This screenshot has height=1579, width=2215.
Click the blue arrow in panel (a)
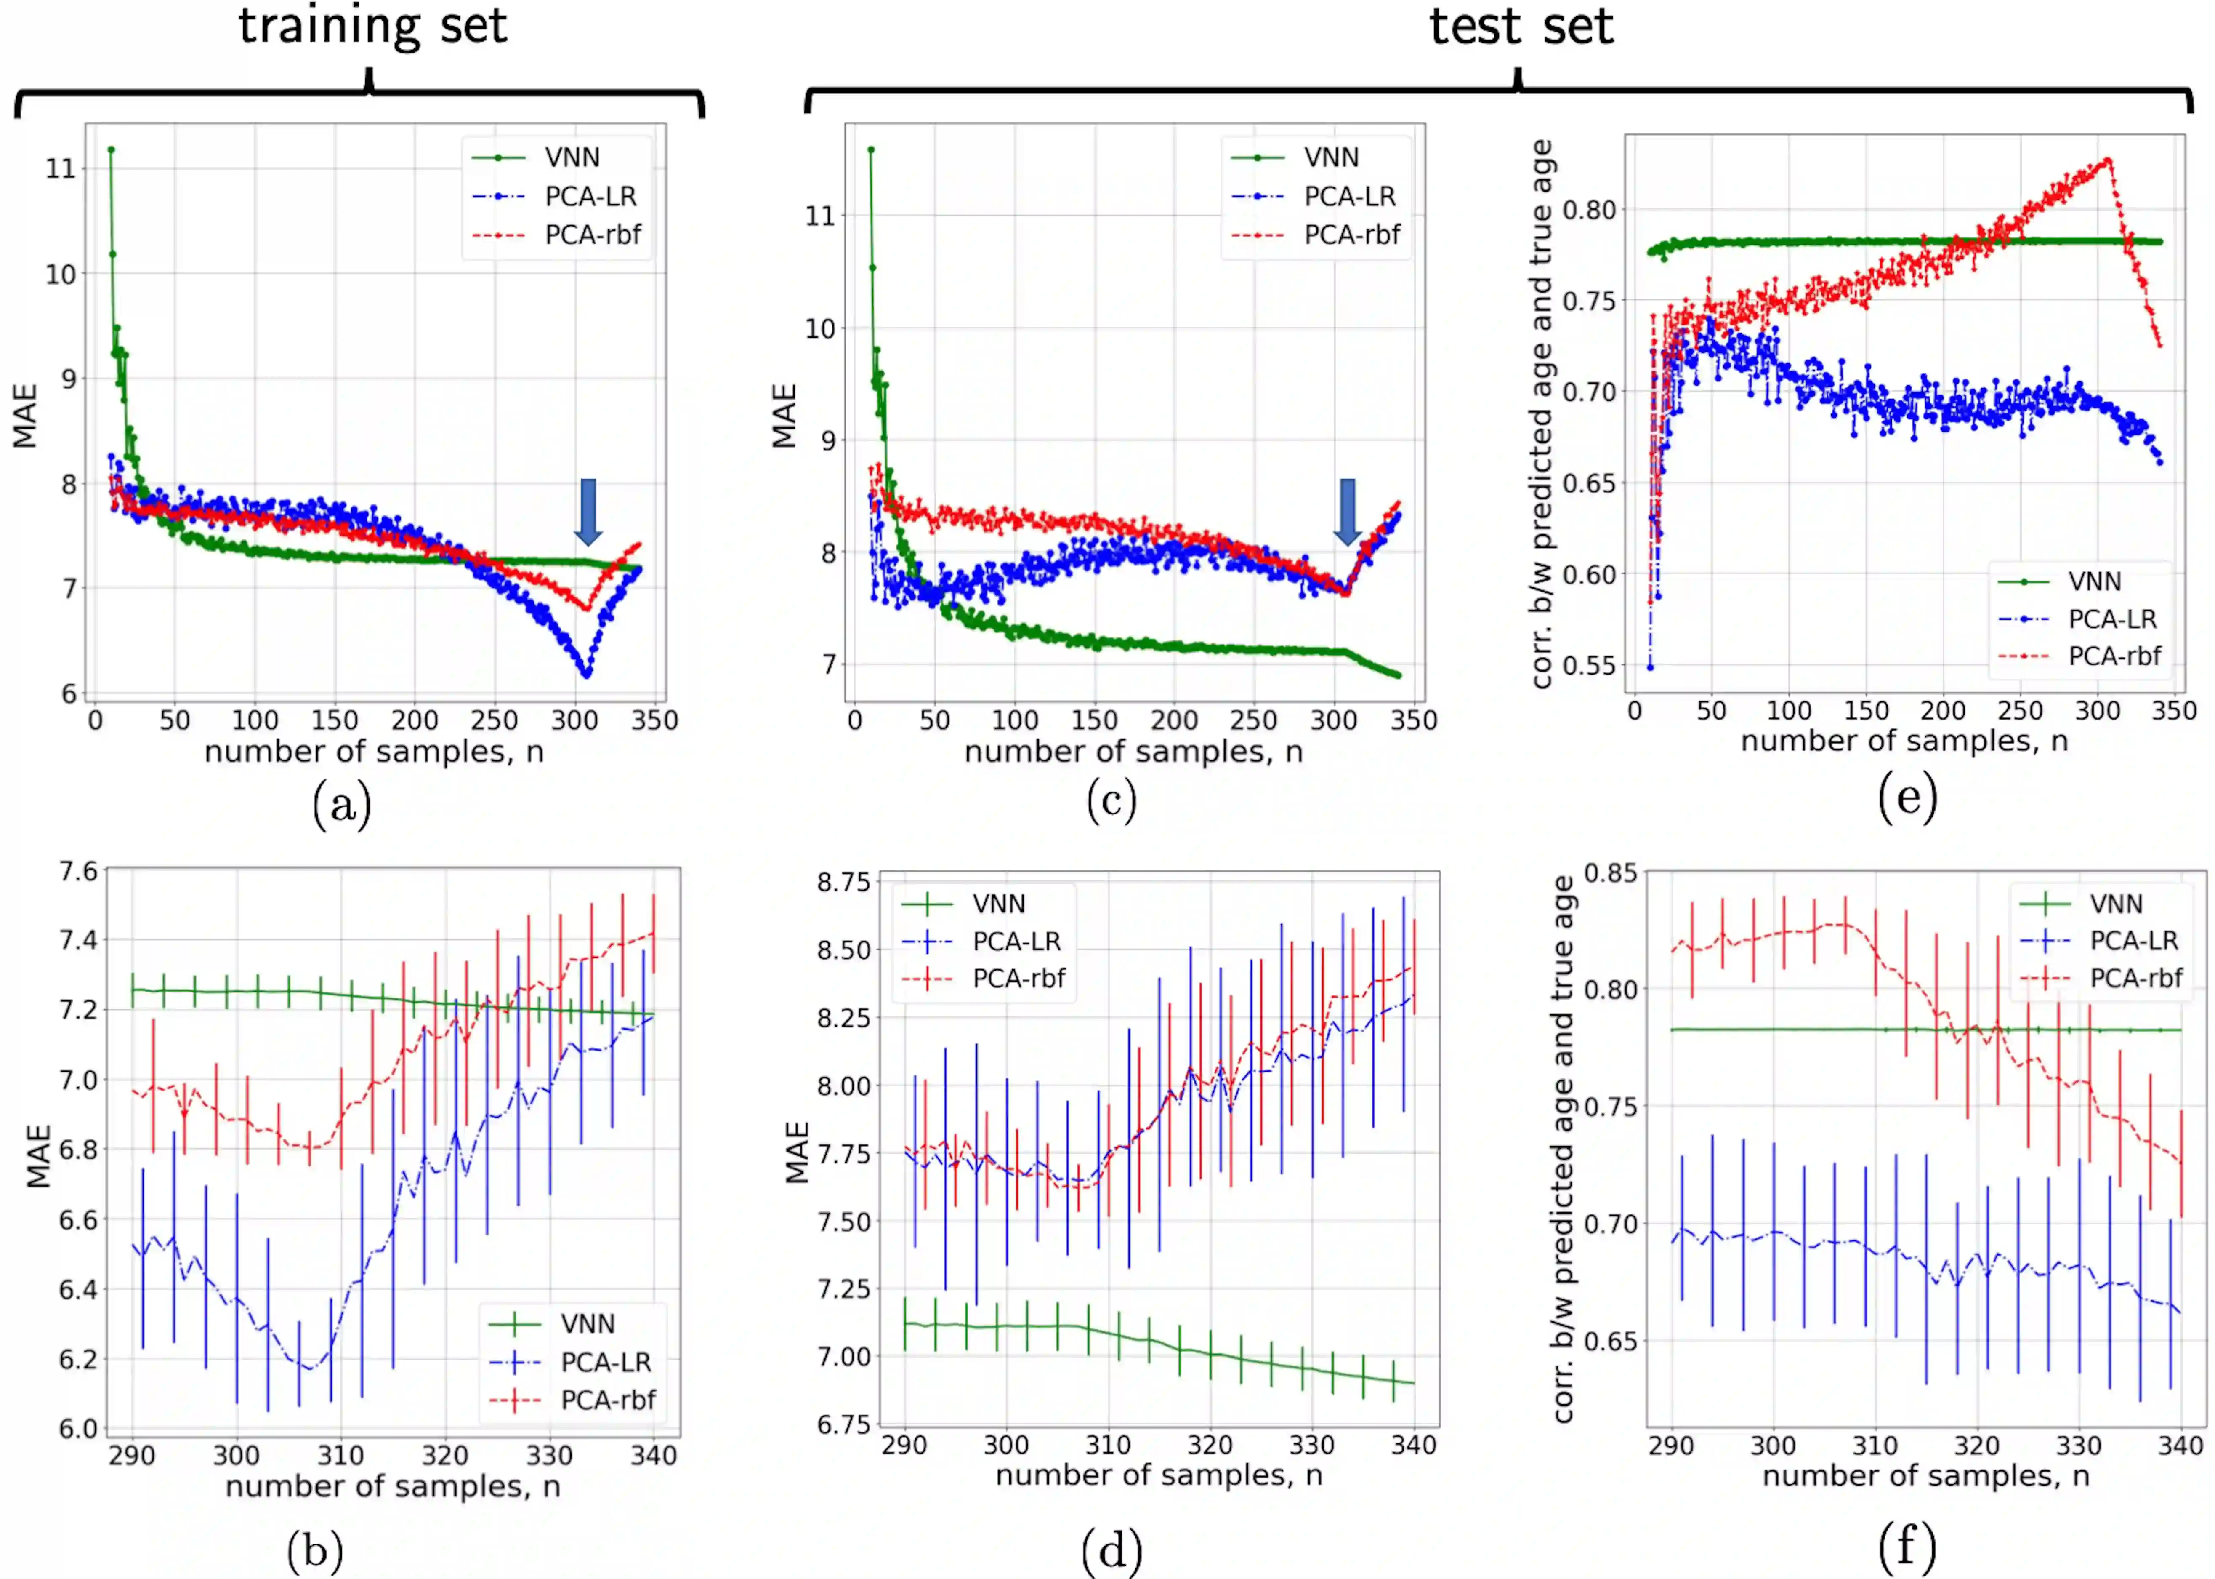[x=587, y=510]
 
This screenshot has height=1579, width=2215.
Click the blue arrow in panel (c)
[x=1346, y=510]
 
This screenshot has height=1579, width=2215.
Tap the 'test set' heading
[x=1520, y=26]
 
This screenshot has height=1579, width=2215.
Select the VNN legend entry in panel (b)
[x=587, y=1324]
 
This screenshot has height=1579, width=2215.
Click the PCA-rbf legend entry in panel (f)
[x=2135, y=978]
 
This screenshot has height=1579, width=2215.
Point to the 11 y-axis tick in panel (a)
[x=60, y=169]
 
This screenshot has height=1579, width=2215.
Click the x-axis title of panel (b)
[x=393, y=1487]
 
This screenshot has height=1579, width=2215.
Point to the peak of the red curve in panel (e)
[x=2107, y=160]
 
